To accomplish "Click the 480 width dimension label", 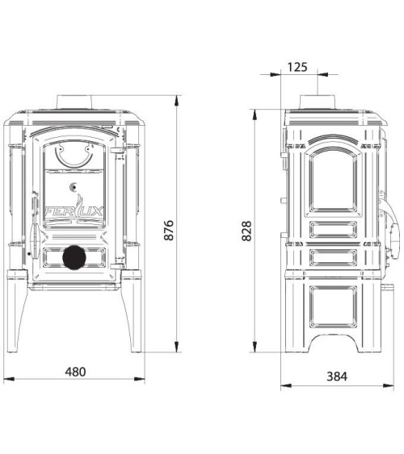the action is coord(75,372).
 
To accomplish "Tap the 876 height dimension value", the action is coord(169,231).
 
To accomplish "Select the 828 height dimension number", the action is coord(246,231).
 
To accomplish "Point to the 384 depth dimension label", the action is coord(337,377).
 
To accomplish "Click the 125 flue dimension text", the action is coord(297,67).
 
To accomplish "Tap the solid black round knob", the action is coord(74,257).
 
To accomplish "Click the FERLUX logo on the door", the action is coord(74,211).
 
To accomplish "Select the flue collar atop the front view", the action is coord(74,102).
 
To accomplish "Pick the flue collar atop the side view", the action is coord(318,102).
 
